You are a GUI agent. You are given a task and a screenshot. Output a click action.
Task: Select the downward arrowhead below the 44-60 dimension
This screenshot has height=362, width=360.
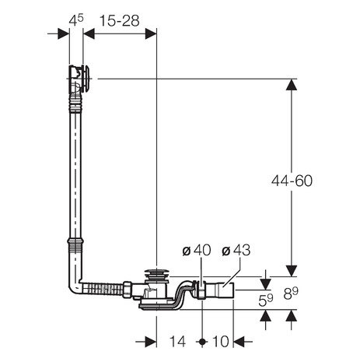292,269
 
